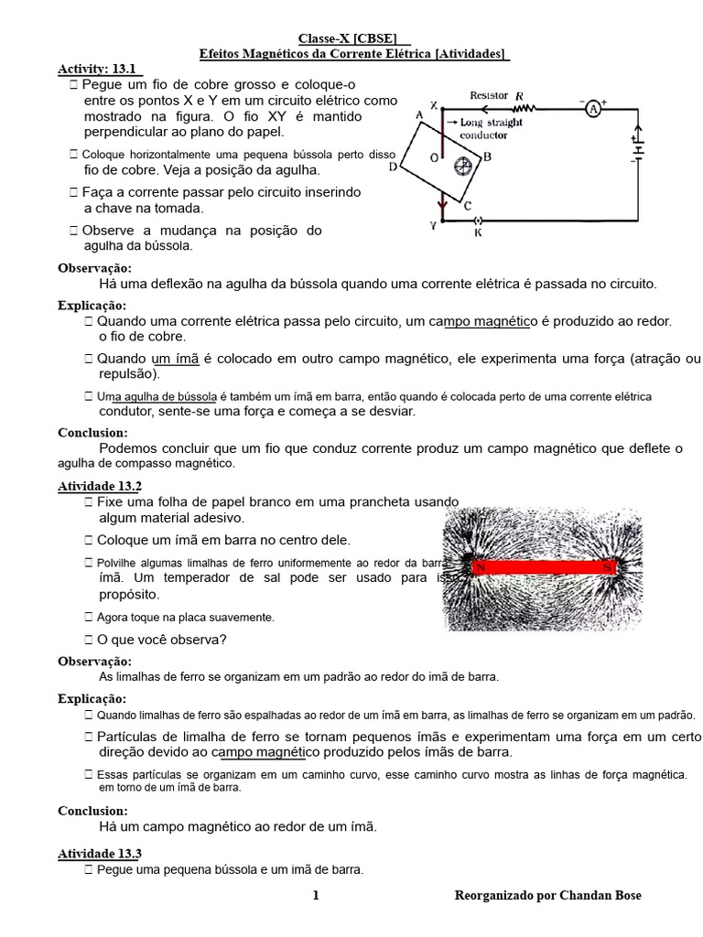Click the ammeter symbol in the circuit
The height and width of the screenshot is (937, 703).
(x=592, y=109)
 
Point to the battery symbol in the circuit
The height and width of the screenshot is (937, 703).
(x=639, y=147)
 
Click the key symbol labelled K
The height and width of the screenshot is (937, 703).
(x=475, y=221)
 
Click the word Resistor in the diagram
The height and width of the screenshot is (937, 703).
(x=490, y=94)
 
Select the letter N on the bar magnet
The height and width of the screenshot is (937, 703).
(x=479, y=568)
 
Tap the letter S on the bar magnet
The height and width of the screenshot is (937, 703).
(x=606, y=567)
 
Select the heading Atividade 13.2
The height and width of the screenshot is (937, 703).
(x=100, y=486)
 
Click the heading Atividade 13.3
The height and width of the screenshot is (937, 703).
(x=100, y=853)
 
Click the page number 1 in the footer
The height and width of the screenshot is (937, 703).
(x=316, y=896)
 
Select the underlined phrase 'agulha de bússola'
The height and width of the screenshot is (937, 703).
(x=170, y=397)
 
